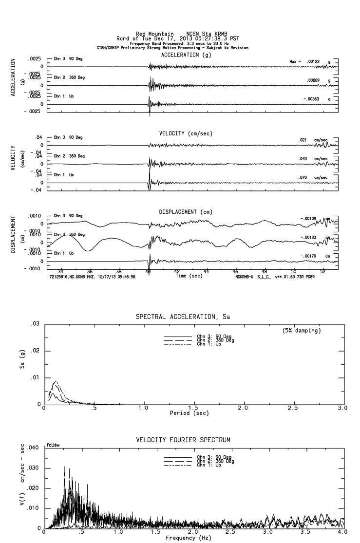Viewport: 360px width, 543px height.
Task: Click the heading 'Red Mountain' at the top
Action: (x=154, y=34)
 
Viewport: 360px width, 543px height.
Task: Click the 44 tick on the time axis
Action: (x=207, y=271)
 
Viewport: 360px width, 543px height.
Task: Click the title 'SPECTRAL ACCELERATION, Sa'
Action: (x=183, y=317)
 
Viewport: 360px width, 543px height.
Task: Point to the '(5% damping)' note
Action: (x=302, y=331)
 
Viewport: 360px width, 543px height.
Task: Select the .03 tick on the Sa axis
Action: (x=35, y=324)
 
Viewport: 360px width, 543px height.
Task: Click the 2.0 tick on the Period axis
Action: (x=243, y=408)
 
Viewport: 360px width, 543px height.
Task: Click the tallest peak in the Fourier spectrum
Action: (x=64, y=467)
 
